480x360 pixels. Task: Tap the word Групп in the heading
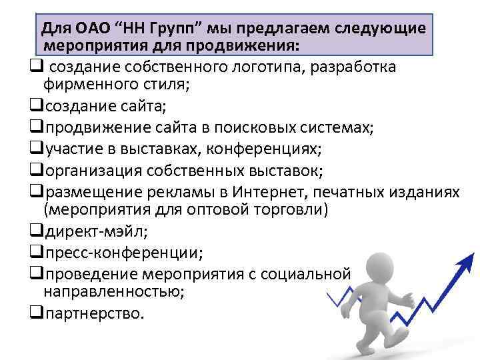171,28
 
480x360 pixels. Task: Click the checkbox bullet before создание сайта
37,105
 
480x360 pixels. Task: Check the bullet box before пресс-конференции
37,253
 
